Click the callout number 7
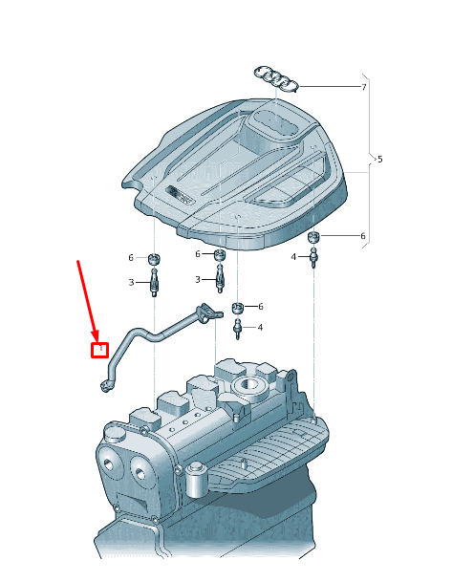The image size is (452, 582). click(363, 88)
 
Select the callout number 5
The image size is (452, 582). click(379, 159)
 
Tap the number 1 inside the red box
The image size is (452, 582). click(99, 350)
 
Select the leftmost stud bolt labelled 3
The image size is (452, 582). click(153, 282)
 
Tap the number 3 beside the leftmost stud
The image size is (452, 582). click(132, 283)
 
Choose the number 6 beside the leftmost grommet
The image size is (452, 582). click(131, 258)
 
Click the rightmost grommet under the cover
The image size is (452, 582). click(312, 237)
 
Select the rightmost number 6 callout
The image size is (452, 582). click(362, 236)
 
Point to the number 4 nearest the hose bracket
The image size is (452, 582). click(259, 328)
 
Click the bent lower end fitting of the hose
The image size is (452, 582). click(104, 385)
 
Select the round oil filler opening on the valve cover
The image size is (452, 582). click(252, 389)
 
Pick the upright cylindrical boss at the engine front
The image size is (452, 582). click(198, 475)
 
